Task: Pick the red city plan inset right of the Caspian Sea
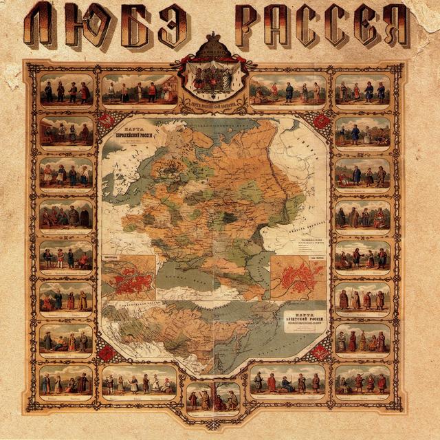pyautogui.click(x=298, y=277)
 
